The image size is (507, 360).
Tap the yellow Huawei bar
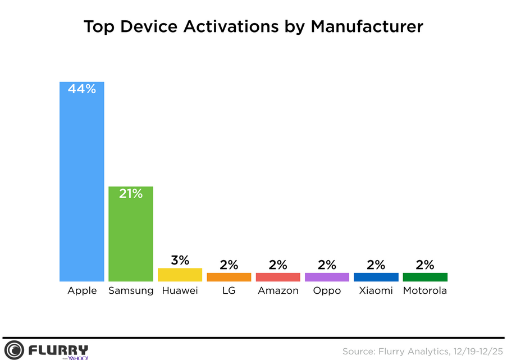(x=180, y=275)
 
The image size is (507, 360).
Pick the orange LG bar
(x=229, y=277)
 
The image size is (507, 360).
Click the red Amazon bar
(x=278, y=277)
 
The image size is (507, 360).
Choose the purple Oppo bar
(x=327, y=277)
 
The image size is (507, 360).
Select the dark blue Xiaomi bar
(x=376, y=277)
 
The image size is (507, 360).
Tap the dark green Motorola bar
(x=425, y=277)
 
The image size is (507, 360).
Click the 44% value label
(x=82, y=89)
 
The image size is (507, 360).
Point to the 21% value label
(x=131, y=194)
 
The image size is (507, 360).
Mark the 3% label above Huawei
(x=180, y=260)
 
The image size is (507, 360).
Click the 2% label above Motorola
(x=425, y=265)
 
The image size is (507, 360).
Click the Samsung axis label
(x=131, y=291)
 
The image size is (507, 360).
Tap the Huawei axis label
(x=180, y=291)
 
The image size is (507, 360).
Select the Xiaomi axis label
(x=376, y=291)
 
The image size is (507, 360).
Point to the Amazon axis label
(x=278, y=291)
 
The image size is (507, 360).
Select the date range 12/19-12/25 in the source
(x=477, y=351)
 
